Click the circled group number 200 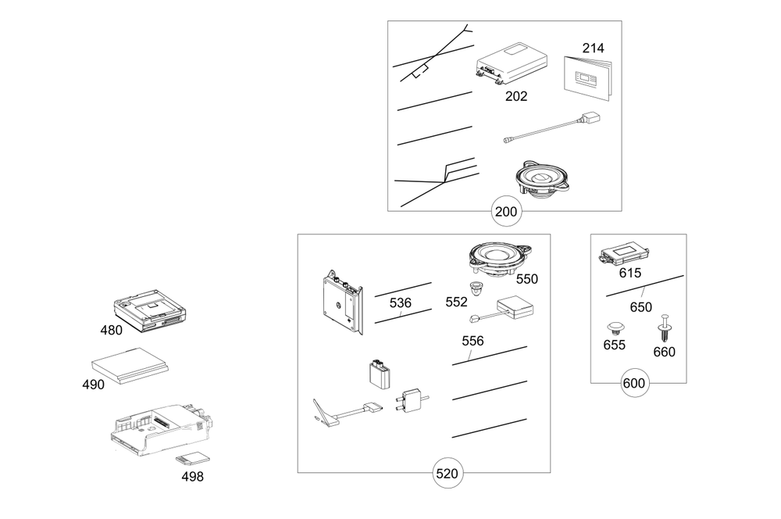click(506, 211)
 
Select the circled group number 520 click(448, 473)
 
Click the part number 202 click(516, 96)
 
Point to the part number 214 click(594, 48)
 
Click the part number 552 click(456, 302)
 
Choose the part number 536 click(401, 302)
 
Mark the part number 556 click(473, 341)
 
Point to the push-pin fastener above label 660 click(665, 328)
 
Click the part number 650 click(641, 307)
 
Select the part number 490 click(93, 385)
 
